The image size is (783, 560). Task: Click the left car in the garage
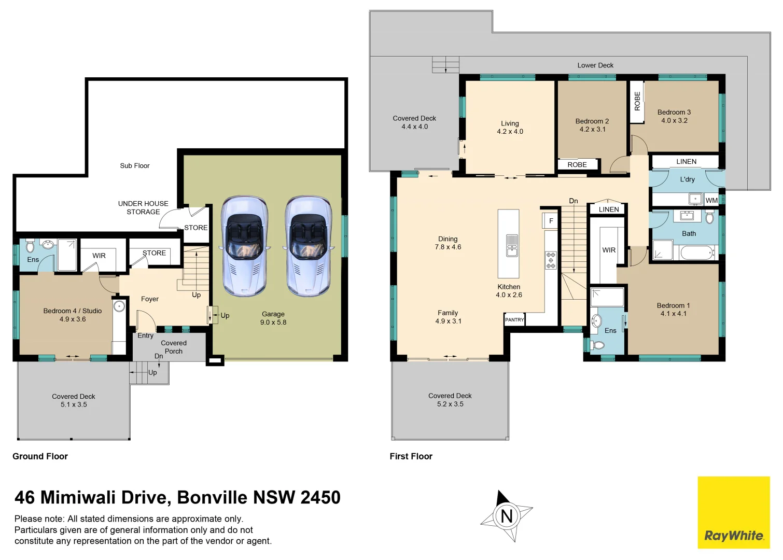pos(245,245)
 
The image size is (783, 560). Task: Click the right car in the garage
pos(309,245)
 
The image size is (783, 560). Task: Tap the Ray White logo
pos(733,535)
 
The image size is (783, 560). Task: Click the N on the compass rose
pos(506,516)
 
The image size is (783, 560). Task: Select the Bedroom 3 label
pos(674,112)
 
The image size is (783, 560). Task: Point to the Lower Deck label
pos(595,65)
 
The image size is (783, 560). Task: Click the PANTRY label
pos(514,320)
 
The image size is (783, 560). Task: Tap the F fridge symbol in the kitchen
pos(551,221)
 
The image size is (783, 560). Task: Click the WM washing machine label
pos(711,200)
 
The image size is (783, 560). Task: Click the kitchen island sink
pos(512,246)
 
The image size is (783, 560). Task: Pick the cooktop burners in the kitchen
pos(551,260)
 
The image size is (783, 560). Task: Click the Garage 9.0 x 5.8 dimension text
pos(273,323)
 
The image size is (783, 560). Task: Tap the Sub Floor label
pos(134,166)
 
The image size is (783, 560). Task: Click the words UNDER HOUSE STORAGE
pos(143,208)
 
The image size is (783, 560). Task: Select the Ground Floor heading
pos(40,456)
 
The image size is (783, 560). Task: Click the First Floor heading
pos(411,456)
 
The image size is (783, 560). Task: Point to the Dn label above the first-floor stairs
pos(573,201)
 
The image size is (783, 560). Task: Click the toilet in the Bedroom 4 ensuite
pos(30,245)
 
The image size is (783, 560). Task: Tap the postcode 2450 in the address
pos(320,498)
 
